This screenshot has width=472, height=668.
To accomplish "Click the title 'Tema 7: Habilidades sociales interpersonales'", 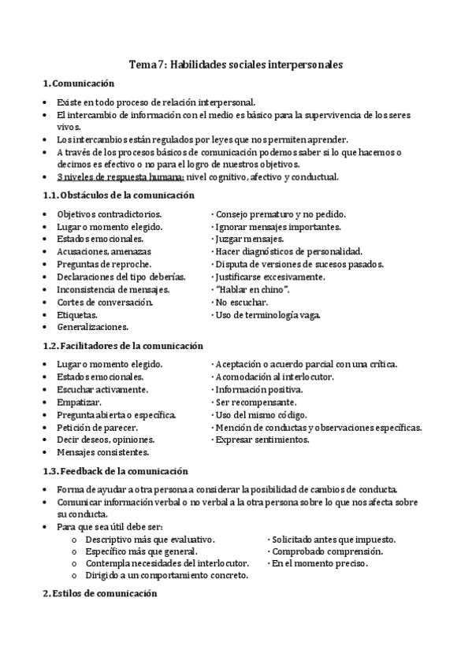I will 236,66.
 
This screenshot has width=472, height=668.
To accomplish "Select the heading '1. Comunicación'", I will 78,83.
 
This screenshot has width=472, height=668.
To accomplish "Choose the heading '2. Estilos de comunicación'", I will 100,596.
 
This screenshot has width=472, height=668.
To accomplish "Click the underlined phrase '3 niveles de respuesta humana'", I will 121,177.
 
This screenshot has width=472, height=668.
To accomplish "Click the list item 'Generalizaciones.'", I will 93,326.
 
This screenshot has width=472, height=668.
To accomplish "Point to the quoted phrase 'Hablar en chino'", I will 252,289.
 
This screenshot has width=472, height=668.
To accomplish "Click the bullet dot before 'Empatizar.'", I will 45,403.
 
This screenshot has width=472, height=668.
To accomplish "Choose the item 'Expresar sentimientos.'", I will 262,440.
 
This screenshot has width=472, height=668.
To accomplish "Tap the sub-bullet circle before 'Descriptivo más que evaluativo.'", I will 73,540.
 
